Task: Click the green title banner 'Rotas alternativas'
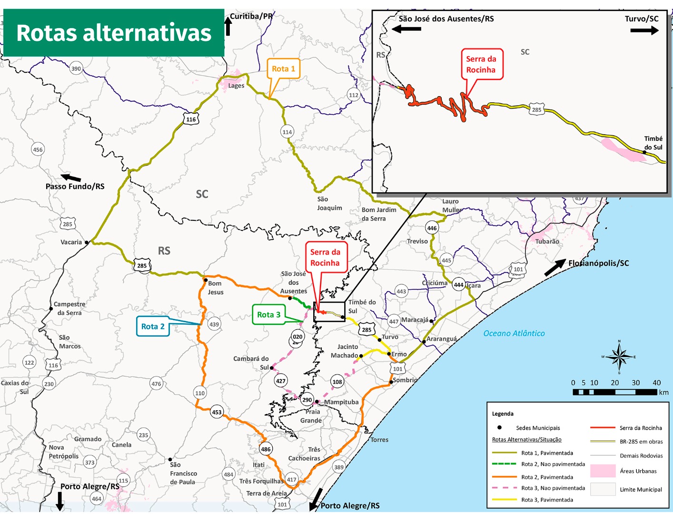[113, 33]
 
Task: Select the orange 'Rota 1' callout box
[283, 69]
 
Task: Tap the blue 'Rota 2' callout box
[153, 326]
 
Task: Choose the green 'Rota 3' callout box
[268, 315]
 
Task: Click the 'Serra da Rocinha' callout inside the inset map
[481, 64]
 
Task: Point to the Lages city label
[236, 86]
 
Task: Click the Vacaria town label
[71, 242]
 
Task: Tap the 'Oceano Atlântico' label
[514, 334]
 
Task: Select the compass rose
[619, 357]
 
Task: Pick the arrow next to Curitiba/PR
[228, 26]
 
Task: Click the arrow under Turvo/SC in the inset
[644, 30]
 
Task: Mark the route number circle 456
[38, 149]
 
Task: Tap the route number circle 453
[217, 412]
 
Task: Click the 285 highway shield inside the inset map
[536, 109]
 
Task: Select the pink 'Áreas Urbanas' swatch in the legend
[603, 471]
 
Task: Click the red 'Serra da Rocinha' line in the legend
[603, 428]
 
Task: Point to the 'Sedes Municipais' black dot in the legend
[499, 428]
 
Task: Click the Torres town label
[379, 440]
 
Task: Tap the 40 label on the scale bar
[656, 383]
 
